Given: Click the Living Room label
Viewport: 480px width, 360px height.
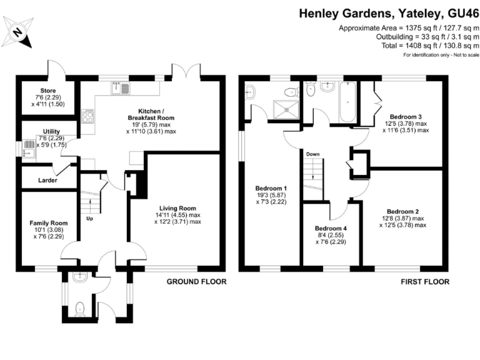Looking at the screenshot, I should click(177, 208).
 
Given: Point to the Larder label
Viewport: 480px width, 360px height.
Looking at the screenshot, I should click(47, 180).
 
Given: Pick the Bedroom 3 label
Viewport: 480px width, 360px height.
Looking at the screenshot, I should click(406, 117).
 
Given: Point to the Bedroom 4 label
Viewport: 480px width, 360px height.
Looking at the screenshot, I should click(331, 228).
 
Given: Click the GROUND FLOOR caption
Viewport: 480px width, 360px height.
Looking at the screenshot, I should click(196, 282).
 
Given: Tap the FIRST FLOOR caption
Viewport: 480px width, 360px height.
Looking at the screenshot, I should click(425, 282).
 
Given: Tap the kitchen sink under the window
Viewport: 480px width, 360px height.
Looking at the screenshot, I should click(119, 88).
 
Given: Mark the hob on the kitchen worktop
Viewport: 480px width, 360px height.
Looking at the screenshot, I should click(87, 117).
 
